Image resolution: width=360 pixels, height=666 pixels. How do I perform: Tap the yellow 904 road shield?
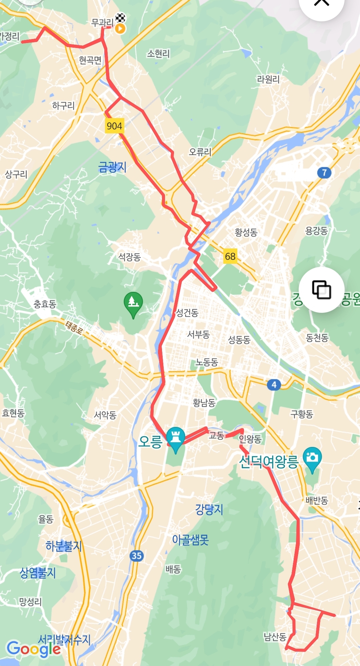tap(114, 126)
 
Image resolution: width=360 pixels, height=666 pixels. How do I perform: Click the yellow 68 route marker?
tap(230, 256)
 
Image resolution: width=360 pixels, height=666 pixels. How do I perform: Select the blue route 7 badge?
tap(324, 172)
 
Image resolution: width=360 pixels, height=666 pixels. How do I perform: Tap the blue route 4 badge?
tap(274, 385)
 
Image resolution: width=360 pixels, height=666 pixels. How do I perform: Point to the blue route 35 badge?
tap(137, 556)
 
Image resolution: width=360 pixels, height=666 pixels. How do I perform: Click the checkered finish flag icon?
tap(120, 17)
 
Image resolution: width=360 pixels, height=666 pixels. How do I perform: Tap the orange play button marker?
tap(120, 29)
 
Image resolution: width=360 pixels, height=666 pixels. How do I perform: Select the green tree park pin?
tap(133, 303)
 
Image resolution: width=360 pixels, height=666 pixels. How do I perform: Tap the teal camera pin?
tap(312, 458)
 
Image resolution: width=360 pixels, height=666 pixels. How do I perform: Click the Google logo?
tap(33, 649)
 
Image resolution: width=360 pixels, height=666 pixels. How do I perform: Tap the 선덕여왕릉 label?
tap(268, 462)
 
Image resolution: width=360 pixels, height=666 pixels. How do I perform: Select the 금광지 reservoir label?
tap(112, 167)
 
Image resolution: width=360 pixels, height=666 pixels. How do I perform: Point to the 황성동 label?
tap(246, 232)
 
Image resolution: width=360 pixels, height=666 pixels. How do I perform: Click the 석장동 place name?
tap(130, 257)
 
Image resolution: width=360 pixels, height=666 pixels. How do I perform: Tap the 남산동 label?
tap(275, 637)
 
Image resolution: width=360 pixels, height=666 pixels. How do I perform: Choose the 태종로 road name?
tap(74, 328)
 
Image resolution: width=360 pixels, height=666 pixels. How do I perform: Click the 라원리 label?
tap(268, 79)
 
